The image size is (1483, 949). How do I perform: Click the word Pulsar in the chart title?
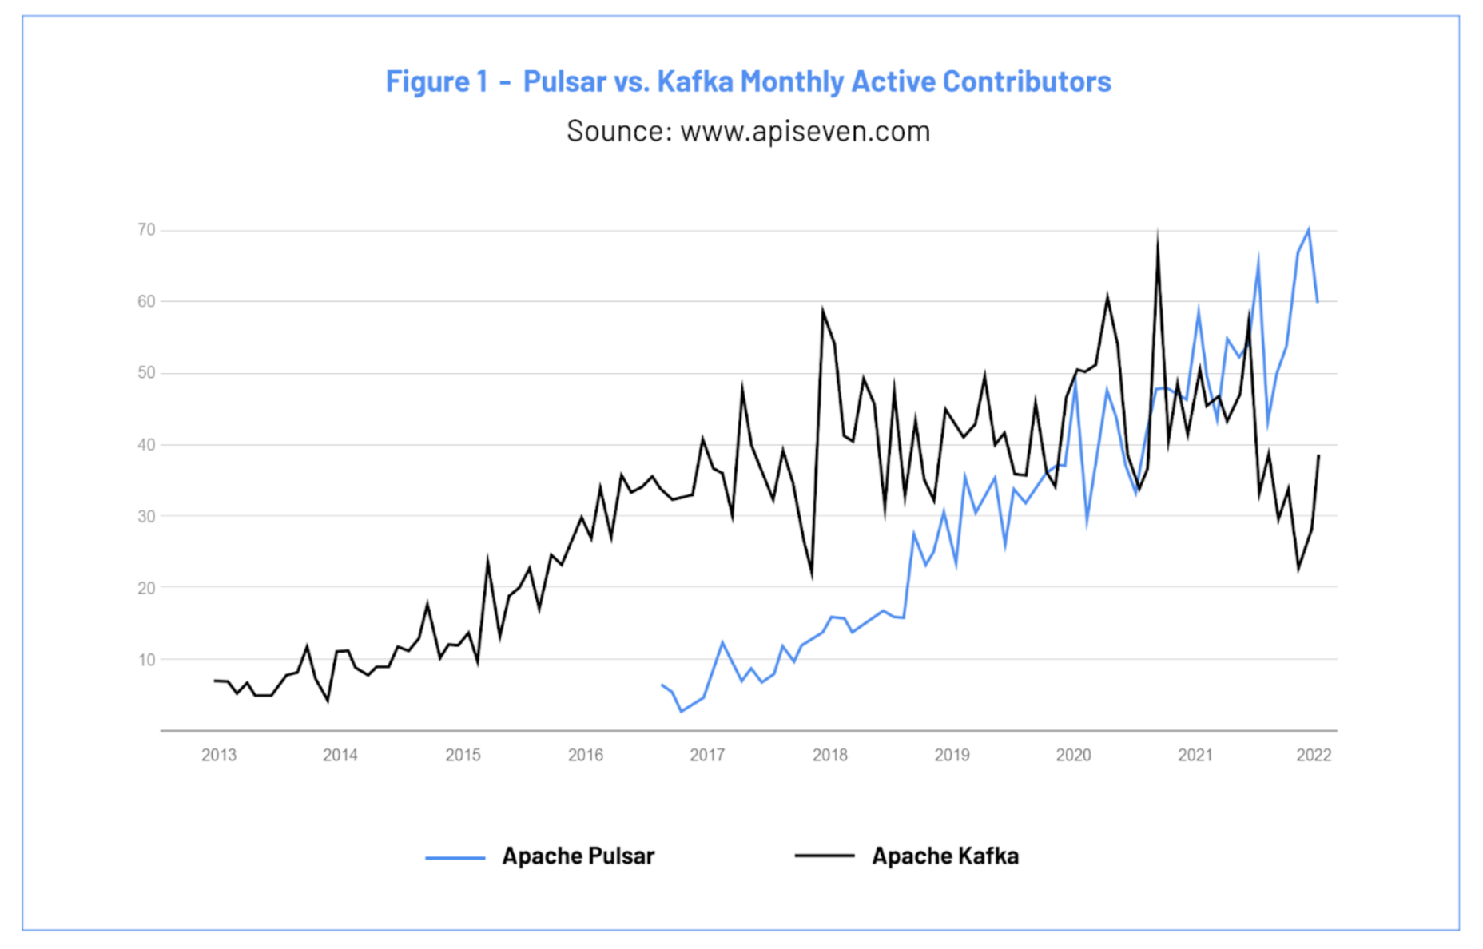(x=564, y=81)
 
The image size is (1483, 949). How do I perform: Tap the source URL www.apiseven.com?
(x=805, y=131)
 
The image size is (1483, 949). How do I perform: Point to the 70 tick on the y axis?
(x=146, y=230)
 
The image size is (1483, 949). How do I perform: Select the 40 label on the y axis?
(x=146, y=445)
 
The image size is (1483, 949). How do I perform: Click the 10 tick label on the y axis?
(x=146, y=660)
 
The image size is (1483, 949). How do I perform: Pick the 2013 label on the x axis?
(x=218, y=755)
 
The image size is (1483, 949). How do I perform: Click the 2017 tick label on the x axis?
(x=707, y=755)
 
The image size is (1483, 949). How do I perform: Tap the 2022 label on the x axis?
(x=1313, y=755)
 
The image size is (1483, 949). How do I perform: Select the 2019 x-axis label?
(x=952, y=755)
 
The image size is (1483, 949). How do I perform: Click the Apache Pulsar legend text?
(x=578, y=856)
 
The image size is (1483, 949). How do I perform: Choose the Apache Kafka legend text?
(x=944, y=856)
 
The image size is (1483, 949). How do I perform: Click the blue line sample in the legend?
(x=455, y=858)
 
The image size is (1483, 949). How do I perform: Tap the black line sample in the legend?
(x=824, y=856)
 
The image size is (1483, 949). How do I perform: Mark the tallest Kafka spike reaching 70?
(x=1158, y=234)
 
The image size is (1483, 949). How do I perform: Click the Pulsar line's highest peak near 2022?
(x=1309, y=230)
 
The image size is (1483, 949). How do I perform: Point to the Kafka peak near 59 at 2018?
(x=822, y=310)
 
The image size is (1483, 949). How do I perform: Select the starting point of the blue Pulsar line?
(x=662, y=685)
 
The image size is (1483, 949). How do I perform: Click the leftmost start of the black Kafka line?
(x=214, y=681)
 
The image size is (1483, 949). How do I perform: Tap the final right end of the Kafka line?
(x=1318, y=455)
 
